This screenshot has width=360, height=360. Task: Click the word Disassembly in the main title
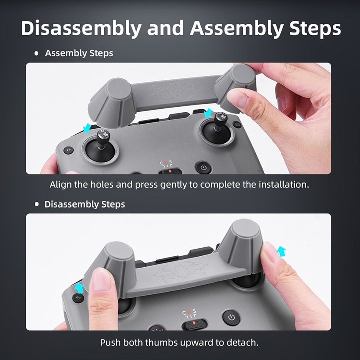click(x=81, y=28)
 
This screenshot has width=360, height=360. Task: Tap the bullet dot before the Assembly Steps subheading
click(x=36, y=53)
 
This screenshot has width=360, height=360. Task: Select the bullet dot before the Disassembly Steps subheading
click(x=36, y=204)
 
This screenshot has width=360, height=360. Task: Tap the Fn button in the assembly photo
click(x=69, y=150)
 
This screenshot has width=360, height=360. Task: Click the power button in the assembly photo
click(x=204, y=167)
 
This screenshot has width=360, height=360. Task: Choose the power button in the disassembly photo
click(x=231, y=317)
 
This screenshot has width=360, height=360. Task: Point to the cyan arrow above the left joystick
click(x=87, y=128)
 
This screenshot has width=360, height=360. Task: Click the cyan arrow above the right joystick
click(x=208, y=113)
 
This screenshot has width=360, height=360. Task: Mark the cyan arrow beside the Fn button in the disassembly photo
click(x=80, y=288)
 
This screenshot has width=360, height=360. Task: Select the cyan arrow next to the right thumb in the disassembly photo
click(x=281, y=251)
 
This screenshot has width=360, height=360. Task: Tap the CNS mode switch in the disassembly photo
click(x=194, y=324)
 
